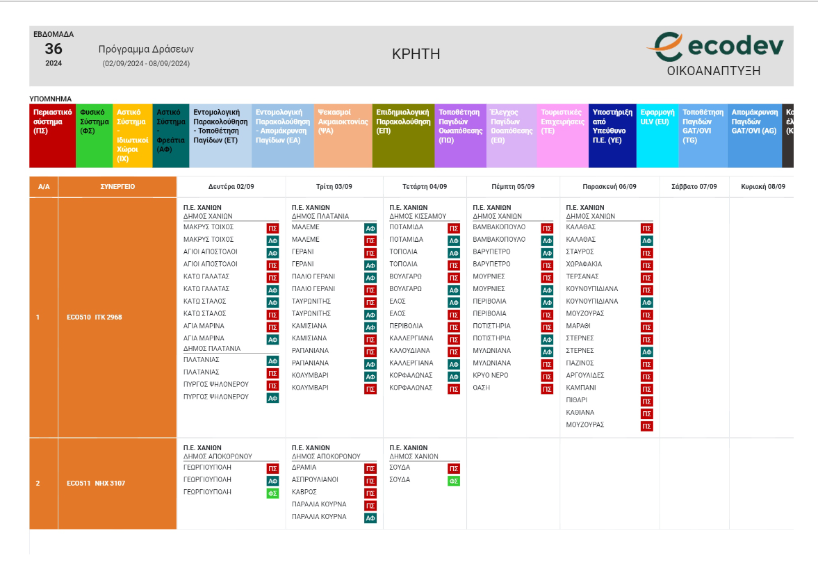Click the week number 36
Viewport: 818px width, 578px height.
click(54, 49)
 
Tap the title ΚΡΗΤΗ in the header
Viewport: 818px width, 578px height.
click(416, 54)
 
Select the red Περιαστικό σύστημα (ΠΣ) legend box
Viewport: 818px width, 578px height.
click(52, 135)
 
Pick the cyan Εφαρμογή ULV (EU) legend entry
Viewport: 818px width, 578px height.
click(657, 135)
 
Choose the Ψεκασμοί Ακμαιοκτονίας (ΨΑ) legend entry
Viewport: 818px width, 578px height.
click(343, 135)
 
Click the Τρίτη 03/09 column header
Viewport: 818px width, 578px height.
click(334, 187)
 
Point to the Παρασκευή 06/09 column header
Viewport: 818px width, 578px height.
click(610, 187)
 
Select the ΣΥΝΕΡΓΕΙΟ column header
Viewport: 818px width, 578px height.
click(117, 187)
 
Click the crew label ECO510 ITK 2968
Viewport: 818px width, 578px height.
click(94, 317)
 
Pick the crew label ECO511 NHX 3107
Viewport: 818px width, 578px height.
click(95, 484)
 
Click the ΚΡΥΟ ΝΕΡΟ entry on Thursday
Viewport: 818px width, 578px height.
click(491, 375)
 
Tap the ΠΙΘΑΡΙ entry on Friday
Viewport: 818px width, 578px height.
click(577, 400)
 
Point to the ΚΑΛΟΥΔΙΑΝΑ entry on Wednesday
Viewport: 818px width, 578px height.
click(409, 351)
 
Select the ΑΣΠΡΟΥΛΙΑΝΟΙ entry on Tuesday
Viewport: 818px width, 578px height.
click(315, 479)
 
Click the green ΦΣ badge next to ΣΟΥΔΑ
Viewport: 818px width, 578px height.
click(454, 481)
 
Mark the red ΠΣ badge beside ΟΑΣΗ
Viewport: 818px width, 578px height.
click(547, 389)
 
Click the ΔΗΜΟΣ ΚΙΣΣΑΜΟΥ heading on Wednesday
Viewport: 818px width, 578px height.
click(417, 216)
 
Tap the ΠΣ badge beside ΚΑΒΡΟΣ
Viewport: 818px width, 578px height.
click(370, 493)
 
